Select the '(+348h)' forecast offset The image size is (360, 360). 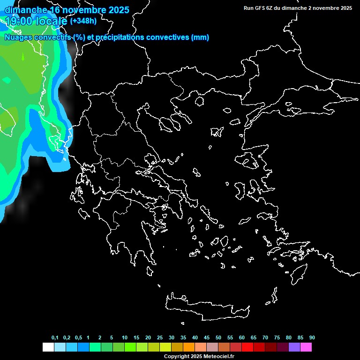coord(83,21)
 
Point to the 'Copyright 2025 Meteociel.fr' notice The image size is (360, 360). coord(199,356)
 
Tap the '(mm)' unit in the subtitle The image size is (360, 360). coord(200,37)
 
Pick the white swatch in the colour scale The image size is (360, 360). coord(48,347)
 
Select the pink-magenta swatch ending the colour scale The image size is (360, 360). coord(306,347)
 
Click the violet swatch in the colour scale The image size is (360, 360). coord(294,347)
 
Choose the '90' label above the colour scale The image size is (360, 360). coord(312,337)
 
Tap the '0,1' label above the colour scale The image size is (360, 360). coord(55,337)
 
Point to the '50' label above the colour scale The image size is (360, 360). coord(218,337)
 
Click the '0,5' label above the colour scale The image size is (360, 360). coord(78,337)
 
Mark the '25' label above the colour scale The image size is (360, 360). coord(160,337)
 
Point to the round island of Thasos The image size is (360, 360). coord(200,101)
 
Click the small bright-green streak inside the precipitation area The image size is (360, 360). coord(22,57)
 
